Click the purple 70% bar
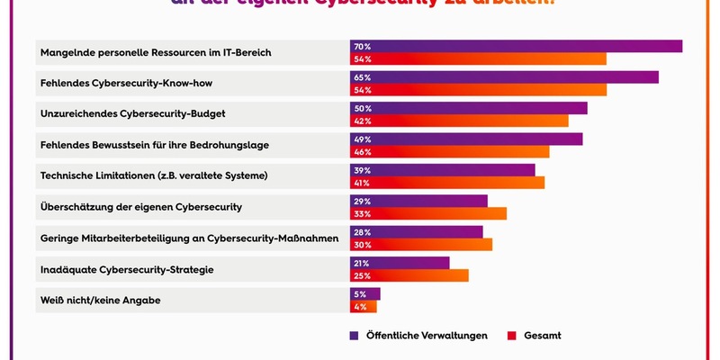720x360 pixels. coord(516,46)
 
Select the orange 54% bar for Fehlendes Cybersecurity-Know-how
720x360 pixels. coord(478,90)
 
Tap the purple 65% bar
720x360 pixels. coord(504,77)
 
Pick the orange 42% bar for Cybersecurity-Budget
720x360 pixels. coord(459,121)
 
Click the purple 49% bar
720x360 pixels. coord(466,139)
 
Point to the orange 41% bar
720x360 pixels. coord(447,183)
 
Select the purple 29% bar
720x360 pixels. coord(418,201)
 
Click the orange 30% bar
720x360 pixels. coord(421,245)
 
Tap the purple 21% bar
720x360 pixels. coord(400,263)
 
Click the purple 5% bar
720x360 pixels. coord(365,293)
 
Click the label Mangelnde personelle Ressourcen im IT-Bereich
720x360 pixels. coord(156,53)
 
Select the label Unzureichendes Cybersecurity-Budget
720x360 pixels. coord(132,114)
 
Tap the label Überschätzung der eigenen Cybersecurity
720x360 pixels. coord(140,207)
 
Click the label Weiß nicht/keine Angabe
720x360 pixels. coord(100,300)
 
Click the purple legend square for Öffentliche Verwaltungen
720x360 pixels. coord(354,335)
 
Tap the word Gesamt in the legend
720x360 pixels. coord(543,335)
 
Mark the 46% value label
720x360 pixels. coord(363,152)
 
